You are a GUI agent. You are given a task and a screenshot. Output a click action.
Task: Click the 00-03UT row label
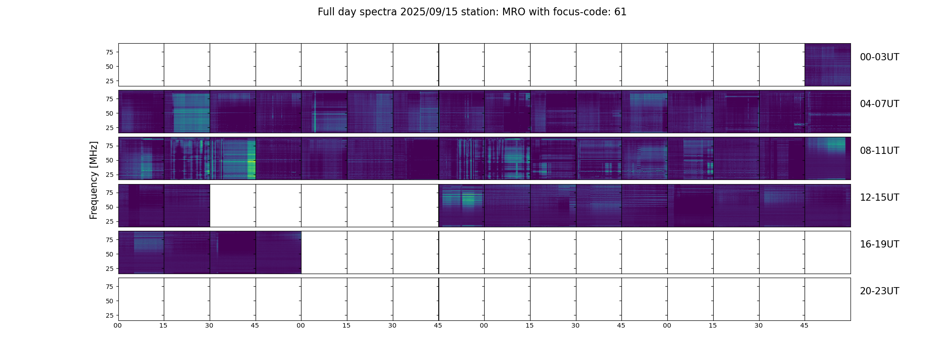tap(879, 57)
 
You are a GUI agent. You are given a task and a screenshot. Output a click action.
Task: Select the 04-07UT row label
tap(879, 104)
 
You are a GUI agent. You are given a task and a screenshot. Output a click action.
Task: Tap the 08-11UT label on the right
tap(879, 151)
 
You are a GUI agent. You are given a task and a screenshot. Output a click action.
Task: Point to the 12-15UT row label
tap(879, 198)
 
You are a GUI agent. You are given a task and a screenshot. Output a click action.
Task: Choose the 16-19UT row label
tap(879, 244)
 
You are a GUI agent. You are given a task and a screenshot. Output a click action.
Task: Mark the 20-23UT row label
tap(879, 291)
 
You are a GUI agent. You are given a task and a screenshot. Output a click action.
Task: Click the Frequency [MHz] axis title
tap(94, 180)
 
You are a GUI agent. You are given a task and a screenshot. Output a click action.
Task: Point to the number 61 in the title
tap(620, 12)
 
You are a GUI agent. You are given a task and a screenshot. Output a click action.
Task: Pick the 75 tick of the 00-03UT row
tap(109, 52)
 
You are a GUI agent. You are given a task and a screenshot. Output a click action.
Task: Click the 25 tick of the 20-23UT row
tap(109, 315)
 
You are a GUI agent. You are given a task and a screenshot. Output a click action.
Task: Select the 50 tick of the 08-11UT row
tap(109, 160)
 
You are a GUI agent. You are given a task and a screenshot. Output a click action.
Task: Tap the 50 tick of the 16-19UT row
tap(109, 254)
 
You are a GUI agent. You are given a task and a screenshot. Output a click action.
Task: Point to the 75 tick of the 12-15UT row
tap(109, 193)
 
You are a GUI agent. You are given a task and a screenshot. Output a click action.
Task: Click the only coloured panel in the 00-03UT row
tap(828, 65)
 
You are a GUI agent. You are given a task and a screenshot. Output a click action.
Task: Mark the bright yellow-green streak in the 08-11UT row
tap(251, 160)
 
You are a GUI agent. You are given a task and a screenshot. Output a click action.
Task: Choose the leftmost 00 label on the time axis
tap(117, 325)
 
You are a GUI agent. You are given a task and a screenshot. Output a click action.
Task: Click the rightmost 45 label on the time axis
tap(804, 325)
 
